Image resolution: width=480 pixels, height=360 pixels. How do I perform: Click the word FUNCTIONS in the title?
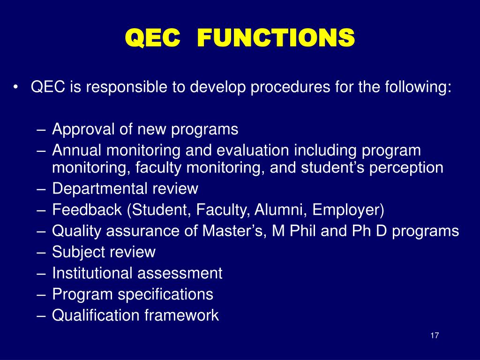(276, 37)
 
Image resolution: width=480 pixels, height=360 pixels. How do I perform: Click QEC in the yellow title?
(152, 37)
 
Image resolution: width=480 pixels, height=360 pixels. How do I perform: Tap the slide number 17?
(434, 336)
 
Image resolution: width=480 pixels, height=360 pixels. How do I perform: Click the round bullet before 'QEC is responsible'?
(16, 87)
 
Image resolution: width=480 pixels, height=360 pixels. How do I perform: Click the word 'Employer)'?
(348, 210)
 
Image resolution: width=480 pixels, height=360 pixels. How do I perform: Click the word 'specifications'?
(165, 294)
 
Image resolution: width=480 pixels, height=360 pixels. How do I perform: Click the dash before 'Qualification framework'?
(41, 315)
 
